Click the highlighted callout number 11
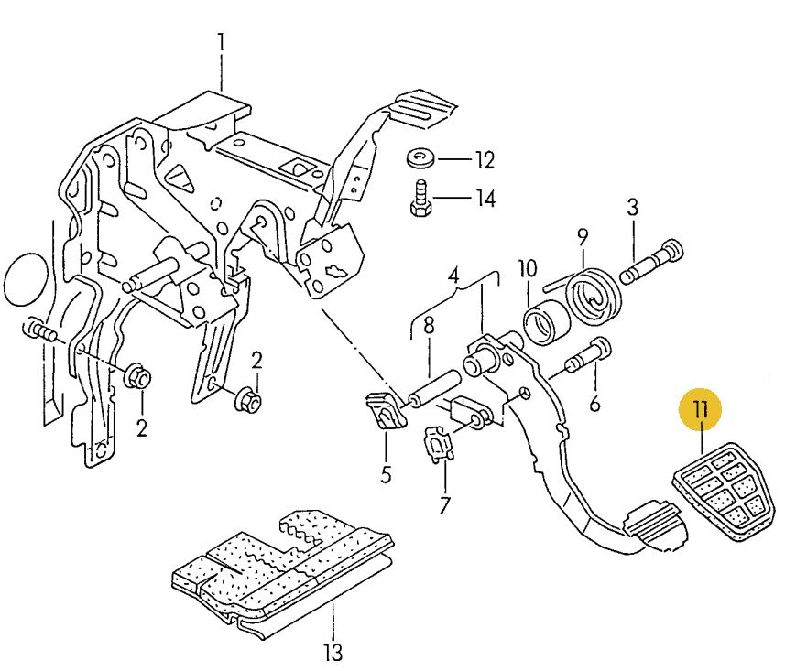701,409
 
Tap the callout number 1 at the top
221,42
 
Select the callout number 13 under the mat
333,652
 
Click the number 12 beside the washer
484,161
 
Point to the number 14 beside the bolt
484,198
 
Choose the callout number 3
632,208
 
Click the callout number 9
582,237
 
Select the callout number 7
445,505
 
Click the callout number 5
386,474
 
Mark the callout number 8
428,325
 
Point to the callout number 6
595,402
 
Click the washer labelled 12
421,160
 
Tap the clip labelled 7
439,446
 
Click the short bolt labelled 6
586,356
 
